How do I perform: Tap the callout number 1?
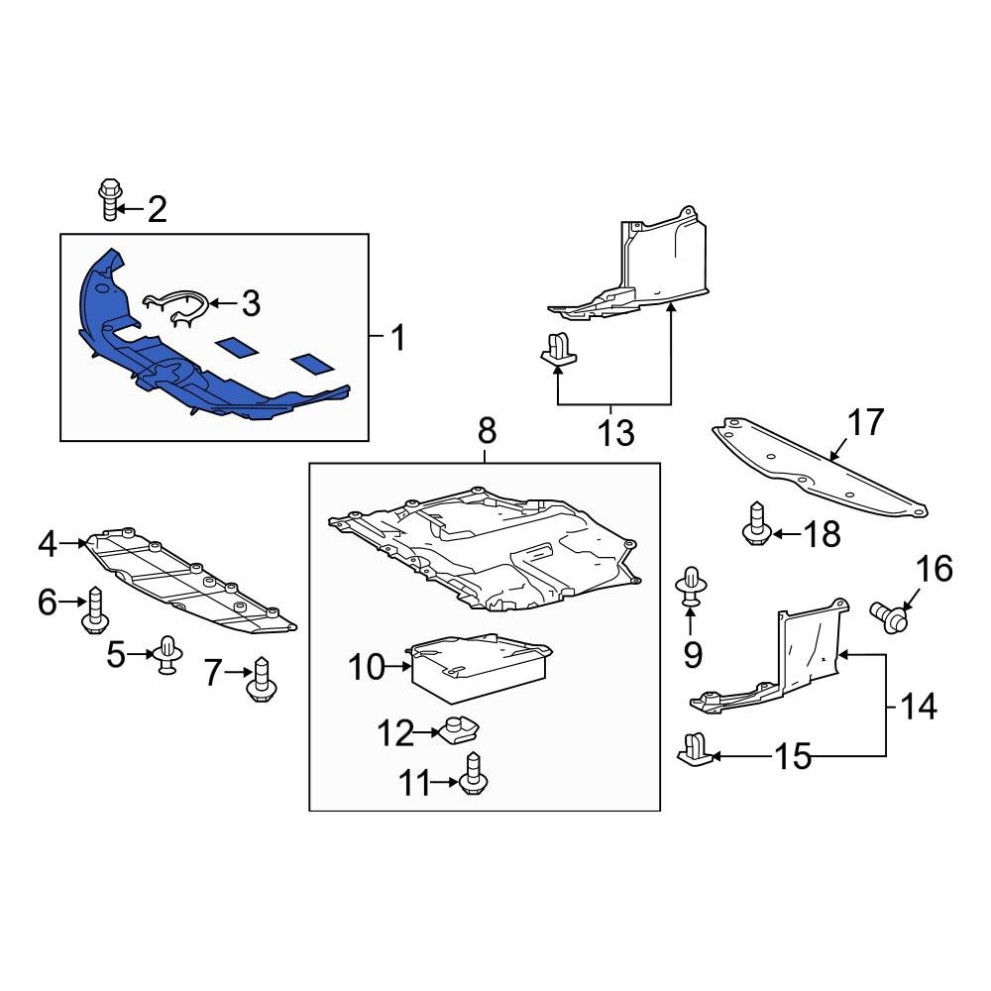click(396, 340)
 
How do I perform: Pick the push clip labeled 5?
click(165, 656)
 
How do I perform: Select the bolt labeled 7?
click(262, 680)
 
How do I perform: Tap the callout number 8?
click(487, 432)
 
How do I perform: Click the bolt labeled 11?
click(473, 774)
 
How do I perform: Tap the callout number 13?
click(616, 433)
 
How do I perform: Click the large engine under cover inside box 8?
click(486, 550)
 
